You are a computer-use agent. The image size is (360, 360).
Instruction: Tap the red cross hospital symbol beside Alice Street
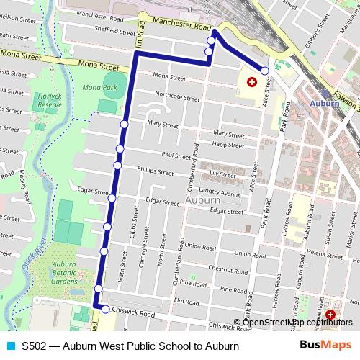click(x=251, y=83)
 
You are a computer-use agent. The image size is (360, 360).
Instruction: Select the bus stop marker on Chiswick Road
click(x=106, y=310)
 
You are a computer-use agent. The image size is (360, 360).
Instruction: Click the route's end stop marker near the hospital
click(x=265, y=71)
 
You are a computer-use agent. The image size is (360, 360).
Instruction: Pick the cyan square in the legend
click(x=9, y=346)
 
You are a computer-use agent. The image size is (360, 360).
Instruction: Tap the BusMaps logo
click(x=326, y=346)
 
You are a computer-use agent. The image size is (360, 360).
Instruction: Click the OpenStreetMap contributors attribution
click(x=297, y=322)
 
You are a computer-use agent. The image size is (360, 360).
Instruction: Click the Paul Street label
click(x=176, y=156)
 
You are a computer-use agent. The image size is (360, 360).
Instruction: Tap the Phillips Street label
click(x=156, y=173)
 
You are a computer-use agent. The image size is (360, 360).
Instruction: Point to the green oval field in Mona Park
click(x=112, y=80)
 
